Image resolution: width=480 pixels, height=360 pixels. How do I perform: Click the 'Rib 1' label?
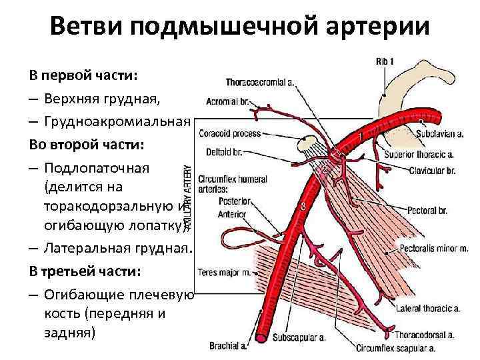click(x=385, y=62)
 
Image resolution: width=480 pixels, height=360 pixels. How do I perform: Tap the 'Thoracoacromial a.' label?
click(x=261, y=83)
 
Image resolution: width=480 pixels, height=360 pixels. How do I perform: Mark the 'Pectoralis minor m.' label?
click(x=431, y=248)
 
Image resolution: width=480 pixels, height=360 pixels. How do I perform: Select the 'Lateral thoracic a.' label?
click(x=427, y=309)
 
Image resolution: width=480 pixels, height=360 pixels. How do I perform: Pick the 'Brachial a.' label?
click(x=228, y=346)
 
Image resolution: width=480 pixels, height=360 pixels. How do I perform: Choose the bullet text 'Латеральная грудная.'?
click(x=118, y=248)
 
